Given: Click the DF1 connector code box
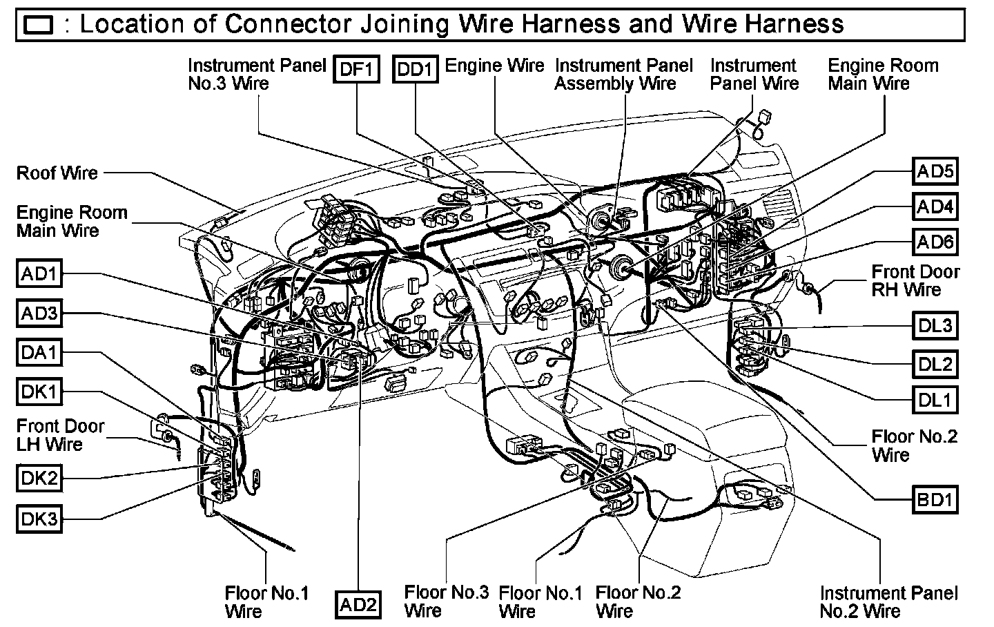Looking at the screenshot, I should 356,69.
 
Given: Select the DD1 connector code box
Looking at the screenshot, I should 416,69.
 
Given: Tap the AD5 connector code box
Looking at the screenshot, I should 935,171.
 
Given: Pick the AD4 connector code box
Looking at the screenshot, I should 935,206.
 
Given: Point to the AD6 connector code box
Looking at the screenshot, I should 935,241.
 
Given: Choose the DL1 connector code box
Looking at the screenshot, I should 935,399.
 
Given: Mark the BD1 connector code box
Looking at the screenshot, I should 935,499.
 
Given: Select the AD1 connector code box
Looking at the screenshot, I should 39,274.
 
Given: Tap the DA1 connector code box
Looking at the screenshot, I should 39,353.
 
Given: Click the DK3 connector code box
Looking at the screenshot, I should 39,519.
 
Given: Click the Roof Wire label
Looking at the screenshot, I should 57,173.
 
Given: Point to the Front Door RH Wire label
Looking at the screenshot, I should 915,280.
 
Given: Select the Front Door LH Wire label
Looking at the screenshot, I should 60,435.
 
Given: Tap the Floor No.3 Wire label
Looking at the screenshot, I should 446,601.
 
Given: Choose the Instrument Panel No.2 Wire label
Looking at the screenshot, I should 888,601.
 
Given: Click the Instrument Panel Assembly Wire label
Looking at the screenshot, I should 623,75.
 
